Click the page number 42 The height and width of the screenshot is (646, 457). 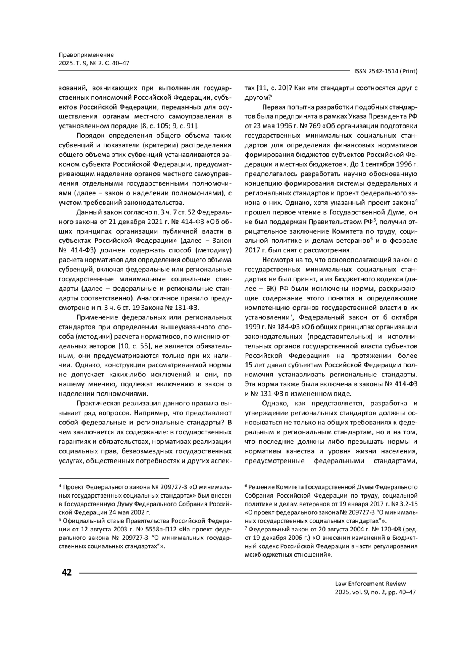(66, 572)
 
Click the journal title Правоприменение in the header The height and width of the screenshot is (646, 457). (86, 55)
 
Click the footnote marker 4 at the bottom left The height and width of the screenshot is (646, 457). (59, 487)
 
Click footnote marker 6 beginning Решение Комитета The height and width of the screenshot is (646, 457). (246, 487)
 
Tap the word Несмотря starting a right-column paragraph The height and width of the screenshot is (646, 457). (277, 260)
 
